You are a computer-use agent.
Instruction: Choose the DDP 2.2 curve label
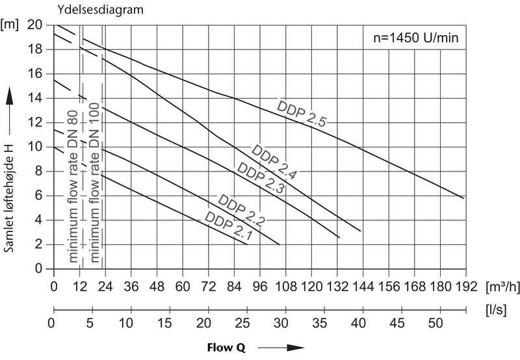point(242,210)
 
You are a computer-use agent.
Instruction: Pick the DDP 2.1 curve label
point(229,226)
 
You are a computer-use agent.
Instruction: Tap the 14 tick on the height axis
point(38,98)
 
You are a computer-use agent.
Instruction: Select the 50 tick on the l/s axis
point(439,323)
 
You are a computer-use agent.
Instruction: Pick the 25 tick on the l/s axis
point(246,323)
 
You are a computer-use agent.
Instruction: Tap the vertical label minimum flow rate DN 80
point(73,185)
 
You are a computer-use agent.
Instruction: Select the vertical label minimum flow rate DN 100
point(95,185)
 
